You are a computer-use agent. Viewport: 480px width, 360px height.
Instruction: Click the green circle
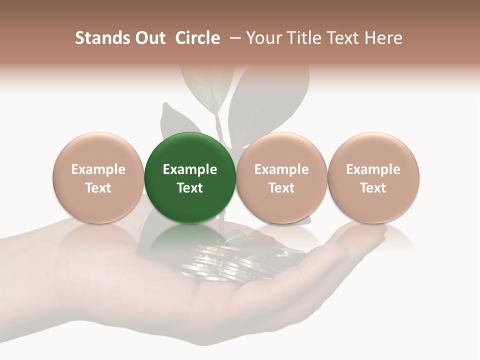pos(190,177)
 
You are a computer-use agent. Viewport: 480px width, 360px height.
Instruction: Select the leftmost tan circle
pos(98,177)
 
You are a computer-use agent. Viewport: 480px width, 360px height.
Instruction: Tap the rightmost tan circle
pos(373,177)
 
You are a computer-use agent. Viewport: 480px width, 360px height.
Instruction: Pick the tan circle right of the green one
pos(281,177)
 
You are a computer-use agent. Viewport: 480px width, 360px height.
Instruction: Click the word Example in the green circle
pos(190,169)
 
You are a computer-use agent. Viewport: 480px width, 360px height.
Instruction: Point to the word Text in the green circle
pos(190,188)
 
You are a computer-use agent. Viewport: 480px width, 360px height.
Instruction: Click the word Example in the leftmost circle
pos(98,169)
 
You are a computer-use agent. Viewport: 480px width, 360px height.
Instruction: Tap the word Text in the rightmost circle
pos(373,188)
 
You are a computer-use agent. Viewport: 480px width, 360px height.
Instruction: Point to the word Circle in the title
pos(197,38)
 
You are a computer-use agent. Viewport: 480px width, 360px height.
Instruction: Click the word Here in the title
pos(382,38)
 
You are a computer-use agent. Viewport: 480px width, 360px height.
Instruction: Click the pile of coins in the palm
pos(235,260)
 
